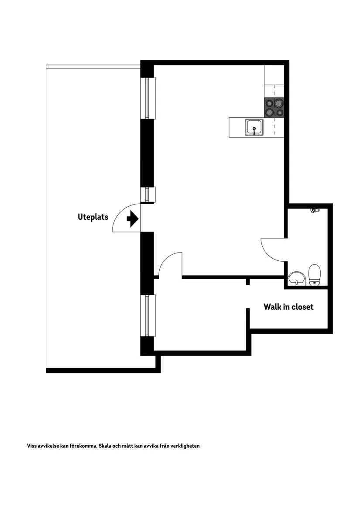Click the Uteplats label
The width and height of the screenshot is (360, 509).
point(93,217)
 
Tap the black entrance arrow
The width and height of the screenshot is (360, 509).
point(132,219)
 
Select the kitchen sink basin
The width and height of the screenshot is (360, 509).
point(254,127)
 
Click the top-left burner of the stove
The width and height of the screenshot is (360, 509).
point(270,103)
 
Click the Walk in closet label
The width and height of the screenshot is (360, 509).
point(288,307)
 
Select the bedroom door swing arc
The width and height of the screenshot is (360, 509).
point(169,263)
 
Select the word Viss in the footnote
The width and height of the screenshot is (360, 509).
point(32,446)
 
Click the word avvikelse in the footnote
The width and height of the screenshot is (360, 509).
point(49,446)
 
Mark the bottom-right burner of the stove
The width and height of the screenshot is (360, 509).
point(279,113)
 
